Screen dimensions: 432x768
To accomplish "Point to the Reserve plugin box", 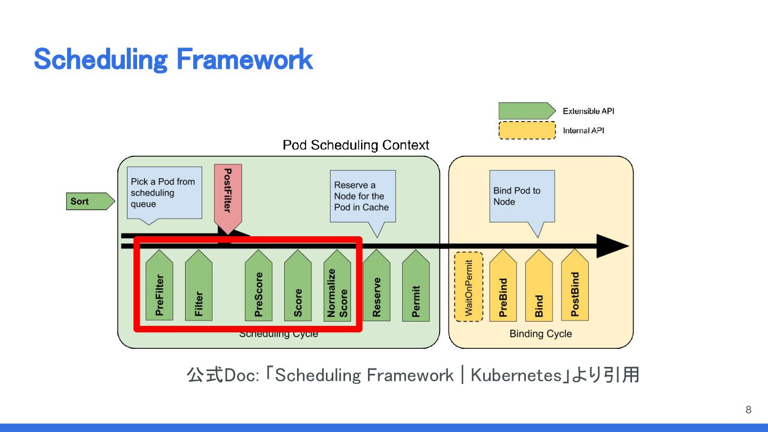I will click(377, 288).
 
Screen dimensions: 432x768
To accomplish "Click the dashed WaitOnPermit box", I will click(469, 287).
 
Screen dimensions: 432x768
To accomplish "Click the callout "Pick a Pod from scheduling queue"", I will click(164, 193).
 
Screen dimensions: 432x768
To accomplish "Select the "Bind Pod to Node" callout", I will click(522, 196).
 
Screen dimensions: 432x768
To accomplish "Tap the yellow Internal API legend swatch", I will click(526, 131).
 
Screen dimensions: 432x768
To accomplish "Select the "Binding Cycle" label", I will click(540, 334).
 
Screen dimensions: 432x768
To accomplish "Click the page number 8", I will click(748, 410).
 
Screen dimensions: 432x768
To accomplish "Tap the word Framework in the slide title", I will click(244, 59).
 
